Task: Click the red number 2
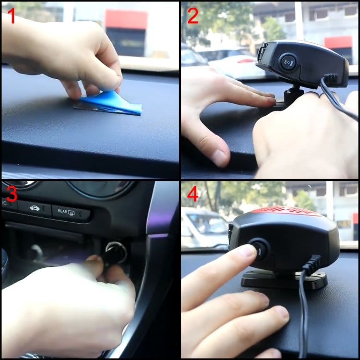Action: click(192, 16)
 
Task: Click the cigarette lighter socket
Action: click(116, 252)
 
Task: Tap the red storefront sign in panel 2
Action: click(338, 42)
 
